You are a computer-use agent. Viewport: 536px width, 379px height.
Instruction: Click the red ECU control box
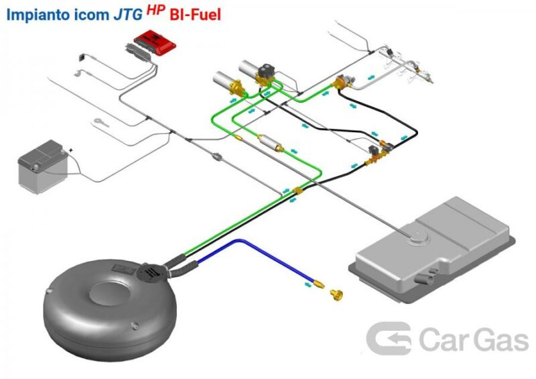155,43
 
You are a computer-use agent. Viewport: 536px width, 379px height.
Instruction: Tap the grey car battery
43,166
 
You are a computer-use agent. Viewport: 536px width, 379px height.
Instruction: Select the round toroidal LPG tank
109,308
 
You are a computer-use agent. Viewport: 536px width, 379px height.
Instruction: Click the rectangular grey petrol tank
432,250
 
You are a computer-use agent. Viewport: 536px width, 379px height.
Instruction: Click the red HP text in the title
156,10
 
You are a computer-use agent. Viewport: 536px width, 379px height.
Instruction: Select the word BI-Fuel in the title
195,15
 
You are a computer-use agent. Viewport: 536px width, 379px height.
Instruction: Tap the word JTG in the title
128,15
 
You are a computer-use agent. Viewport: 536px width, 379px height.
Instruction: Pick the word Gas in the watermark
501,339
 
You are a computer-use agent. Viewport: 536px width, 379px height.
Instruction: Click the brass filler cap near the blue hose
336,294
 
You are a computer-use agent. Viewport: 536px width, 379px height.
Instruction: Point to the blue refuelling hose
253,260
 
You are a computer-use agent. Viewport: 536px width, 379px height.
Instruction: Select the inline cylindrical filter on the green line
270,143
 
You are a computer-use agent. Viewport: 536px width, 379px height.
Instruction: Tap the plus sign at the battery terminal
71,150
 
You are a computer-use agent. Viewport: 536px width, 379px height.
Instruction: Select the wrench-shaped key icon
101,122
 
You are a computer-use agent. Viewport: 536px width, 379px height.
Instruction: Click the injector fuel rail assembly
407,64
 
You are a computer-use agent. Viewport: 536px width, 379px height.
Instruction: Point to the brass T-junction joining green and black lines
298,191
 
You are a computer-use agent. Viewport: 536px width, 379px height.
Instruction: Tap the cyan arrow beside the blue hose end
308,284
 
